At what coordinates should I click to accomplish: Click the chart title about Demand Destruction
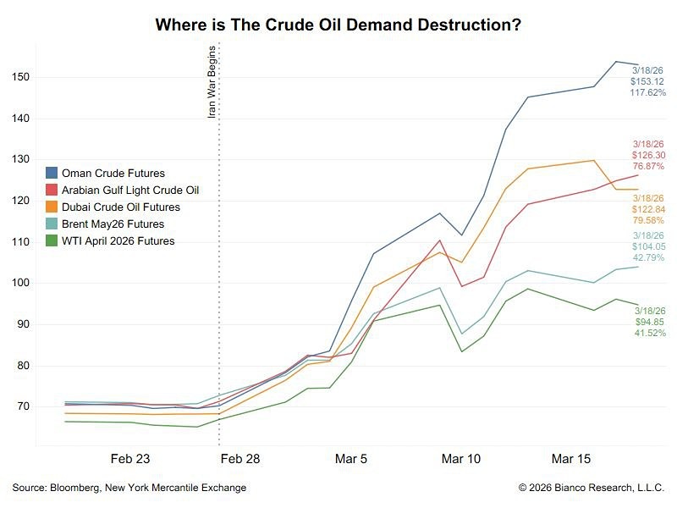[x=338, y=25]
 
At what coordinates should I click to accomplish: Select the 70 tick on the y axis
[x=21, y=407]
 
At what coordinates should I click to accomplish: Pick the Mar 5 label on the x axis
[x=351, y=459]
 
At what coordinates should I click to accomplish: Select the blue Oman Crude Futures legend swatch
[x=52, y=174]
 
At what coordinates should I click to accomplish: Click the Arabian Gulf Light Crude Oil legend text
[x=129, y=190]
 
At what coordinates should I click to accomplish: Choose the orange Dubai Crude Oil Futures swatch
[x=52, y=207]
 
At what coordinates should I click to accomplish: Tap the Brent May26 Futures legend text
[x=113, y=224]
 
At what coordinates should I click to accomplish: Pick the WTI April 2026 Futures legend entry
[x=118, y=241]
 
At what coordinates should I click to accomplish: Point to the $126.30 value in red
[x=650, y=156]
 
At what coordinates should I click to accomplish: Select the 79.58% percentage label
[x=649, y=221]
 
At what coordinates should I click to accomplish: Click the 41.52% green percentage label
[x=650, y=334]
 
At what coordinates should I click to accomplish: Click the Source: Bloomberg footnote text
[x=129, y=488]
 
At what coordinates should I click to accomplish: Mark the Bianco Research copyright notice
[x=592, y=488]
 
